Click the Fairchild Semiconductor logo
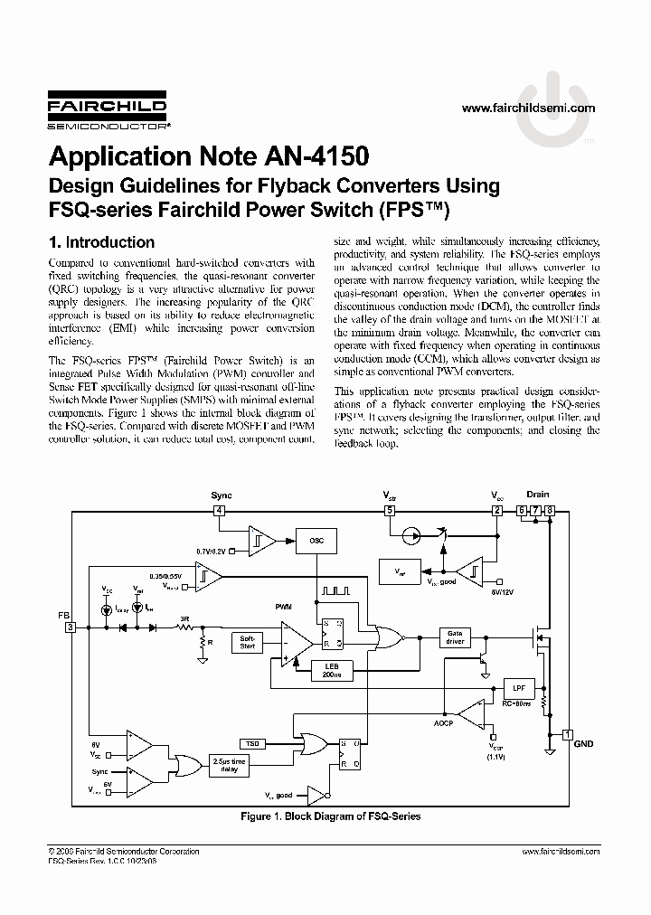(107, 113)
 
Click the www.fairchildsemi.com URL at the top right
(529, 108)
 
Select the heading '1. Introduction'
(101, 242)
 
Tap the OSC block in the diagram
(316, 540)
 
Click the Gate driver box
(455, 637)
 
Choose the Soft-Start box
(248, 642)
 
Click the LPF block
(518, 686)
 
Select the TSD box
(252, 743)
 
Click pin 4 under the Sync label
(219, 511)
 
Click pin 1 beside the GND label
(567, 733)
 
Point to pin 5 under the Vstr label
(390, 511)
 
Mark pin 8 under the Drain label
(550, 511)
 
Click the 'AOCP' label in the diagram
(442, 724)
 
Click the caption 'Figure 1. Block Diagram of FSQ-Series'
(330, 816)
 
